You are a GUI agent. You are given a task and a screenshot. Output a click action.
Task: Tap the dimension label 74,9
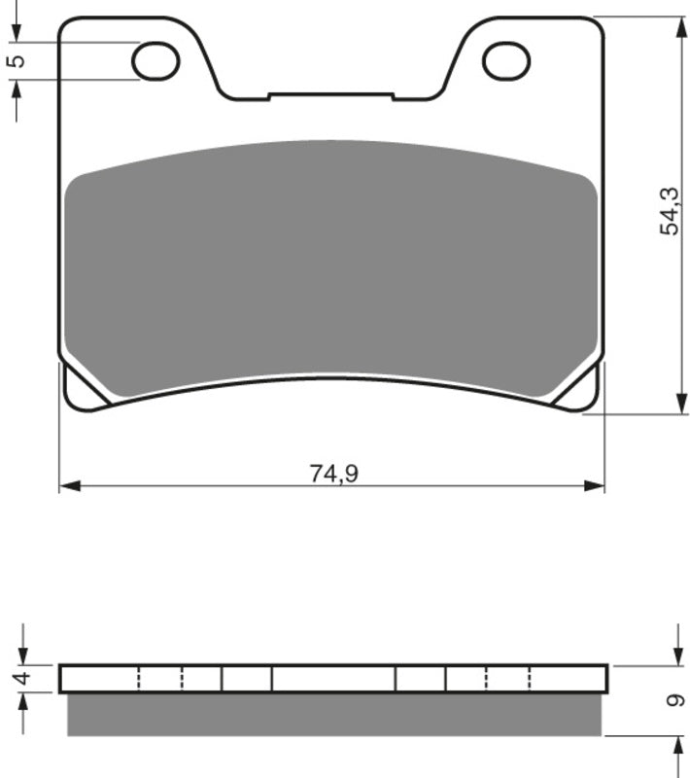tap(333, 473)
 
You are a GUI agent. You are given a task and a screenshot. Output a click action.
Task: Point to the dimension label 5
tap(17, 60)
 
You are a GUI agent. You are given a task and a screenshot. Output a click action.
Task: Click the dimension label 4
tap(23, 677)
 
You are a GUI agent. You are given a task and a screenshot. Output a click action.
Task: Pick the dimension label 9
tap(674, 700)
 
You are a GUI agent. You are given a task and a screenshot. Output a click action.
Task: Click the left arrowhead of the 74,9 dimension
tap(69, 485)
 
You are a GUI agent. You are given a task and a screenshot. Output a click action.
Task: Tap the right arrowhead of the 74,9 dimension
tap(595, 485)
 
